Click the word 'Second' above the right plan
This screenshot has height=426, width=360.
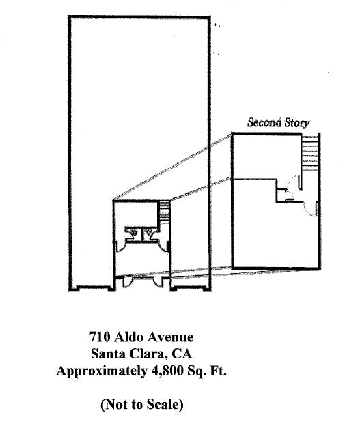click(264, 122)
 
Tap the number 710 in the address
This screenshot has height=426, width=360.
click(100, 337)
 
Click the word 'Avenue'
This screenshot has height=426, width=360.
click(170, 337)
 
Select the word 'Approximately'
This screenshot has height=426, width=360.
click(102, 371)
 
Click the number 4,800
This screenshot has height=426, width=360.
click(167, 371)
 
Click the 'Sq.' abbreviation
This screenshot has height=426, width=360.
click(196, 371)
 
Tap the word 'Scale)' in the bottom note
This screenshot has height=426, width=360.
click(165, 405)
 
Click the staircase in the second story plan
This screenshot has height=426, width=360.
click(310, 152)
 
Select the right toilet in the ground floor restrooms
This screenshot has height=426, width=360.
click(148, 232)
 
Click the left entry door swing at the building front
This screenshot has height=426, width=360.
click(127, 281)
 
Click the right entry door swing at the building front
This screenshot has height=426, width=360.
click(158, 281)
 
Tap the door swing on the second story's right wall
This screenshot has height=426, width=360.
click(312, 209)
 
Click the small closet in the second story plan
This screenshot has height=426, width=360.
click(281, 195)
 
